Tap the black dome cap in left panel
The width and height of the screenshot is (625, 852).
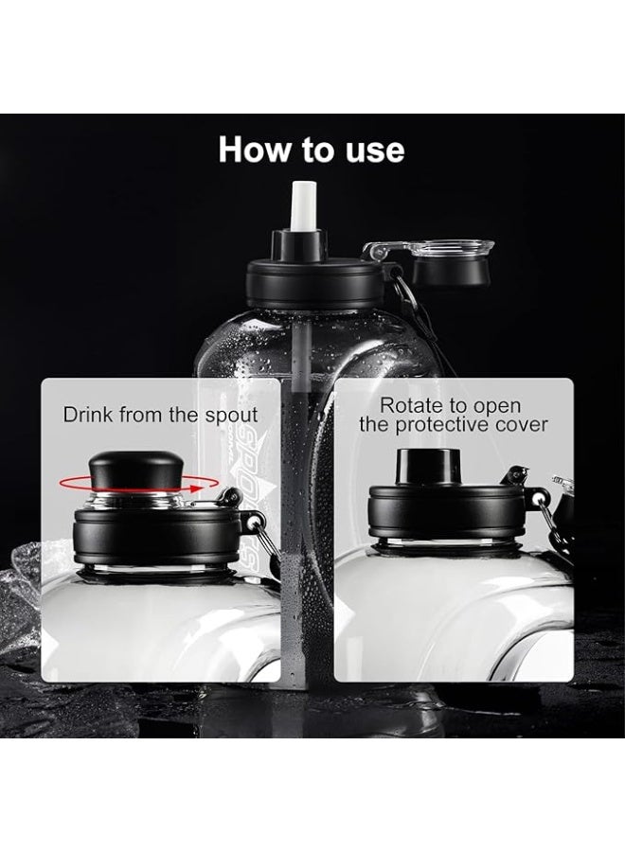tap(136, 469)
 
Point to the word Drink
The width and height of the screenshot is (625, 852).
tap(88, 415)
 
